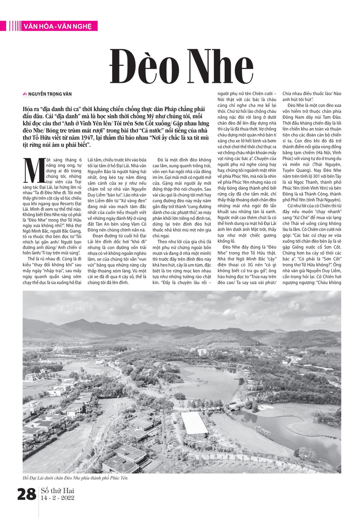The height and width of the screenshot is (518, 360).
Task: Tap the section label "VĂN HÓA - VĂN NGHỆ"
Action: [x=58, y=26]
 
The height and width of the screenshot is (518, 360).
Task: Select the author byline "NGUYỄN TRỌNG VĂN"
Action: [x=50, y=94]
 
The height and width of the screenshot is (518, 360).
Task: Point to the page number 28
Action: [x=27, y=494]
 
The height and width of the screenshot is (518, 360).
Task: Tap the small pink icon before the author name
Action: [x=25, y=94]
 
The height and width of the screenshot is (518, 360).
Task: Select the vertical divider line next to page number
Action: [x=38, y=494]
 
